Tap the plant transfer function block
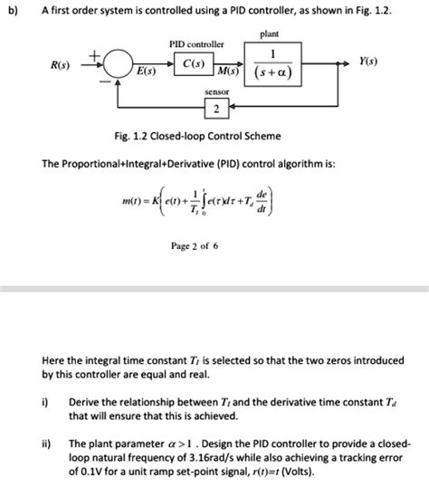(x=269, y=64)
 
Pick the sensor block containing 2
(x=215, y=110)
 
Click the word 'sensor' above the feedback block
(x=216, y=92)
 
